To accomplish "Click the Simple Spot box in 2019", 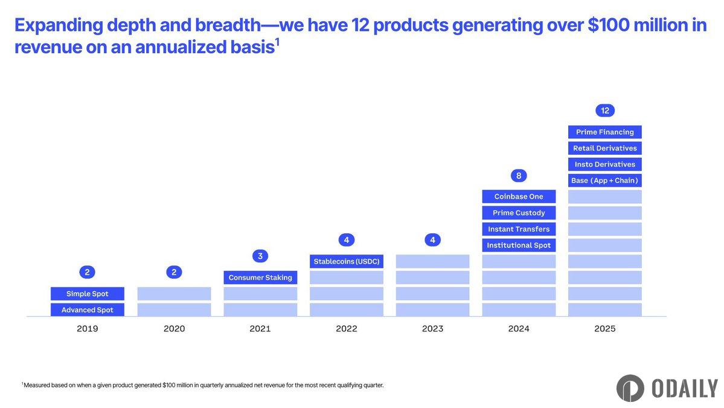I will (x=88, y=294).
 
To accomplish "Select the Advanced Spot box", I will (x=88, y=310).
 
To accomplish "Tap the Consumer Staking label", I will (x=260, y=277).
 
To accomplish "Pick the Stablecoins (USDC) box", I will (x=347, y=261).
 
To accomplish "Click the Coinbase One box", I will (x=519, y=196).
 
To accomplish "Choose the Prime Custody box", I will (x=519, y=213).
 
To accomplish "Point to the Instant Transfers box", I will (x=519, y=229).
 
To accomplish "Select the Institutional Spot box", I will (x=519, y=245).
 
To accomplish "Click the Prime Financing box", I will (x=605, y=132).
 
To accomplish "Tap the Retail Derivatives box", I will (x=605, y=148).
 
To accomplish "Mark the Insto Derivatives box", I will (x=605, y=164).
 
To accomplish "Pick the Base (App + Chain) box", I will (x=605, y=180).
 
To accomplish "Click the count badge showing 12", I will (x=605, y=111).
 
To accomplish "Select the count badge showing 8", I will (x=519, y=176).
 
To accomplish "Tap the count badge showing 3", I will (x=260, y=256).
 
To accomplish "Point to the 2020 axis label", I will (x=174, y=329).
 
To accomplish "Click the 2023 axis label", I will (x=432, y=329).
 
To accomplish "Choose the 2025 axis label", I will (x=605, y=329).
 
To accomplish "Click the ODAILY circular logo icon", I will (x=630, y=388).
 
